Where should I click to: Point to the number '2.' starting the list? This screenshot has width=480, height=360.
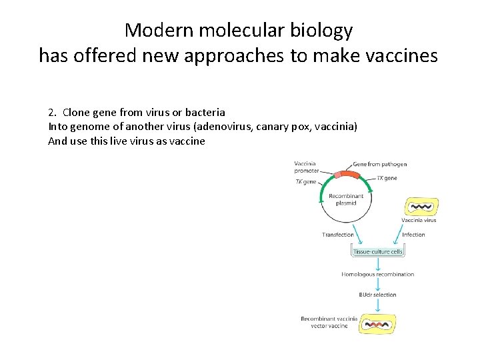tap(53, 112)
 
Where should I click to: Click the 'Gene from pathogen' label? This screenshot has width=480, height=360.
tap(379, 164)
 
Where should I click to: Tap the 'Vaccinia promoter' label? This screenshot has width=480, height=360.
tap(305, 167)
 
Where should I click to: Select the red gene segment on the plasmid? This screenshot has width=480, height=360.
tap(346, 175)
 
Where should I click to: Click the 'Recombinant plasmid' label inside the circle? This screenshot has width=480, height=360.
tap(347, 199)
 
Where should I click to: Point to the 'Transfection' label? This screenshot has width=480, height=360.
tap(338, 235)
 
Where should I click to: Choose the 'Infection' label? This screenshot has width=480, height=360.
tap(413, 235)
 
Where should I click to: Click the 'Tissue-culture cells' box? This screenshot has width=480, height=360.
tap(378, 252)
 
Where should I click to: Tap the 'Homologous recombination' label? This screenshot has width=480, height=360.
tap(378, 274)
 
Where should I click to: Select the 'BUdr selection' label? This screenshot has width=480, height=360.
tap(378, 294)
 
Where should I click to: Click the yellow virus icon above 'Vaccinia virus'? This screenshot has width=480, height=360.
tap(422, 207)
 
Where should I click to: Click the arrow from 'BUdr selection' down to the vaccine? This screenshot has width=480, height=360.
tap(378, 305)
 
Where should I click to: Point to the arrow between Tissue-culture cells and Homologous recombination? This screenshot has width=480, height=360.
tap(378, 263)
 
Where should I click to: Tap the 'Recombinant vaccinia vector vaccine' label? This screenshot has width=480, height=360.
tap(329, 323)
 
